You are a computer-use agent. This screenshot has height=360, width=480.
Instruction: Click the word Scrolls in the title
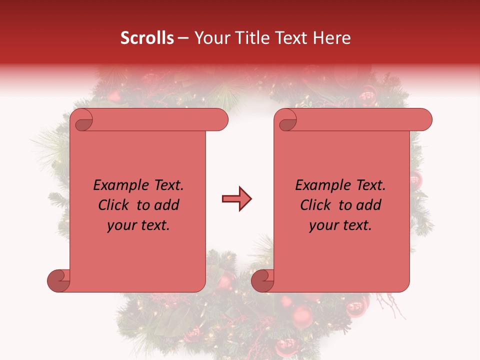tap(147, 38)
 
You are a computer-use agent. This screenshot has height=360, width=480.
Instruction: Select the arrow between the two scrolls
tap(236, 199)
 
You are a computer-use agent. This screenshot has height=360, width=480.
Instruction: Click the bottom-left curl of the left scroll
tap(59, 281)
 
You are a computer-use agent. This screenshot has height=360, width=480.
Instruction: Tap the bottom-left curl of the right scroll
tap(262, 281)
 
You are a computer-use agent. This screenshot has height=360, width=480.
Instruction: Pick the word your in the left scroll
tap(120, 225)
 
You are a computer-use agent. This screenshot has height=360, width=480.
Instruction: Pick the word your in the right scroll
tap(322, 225)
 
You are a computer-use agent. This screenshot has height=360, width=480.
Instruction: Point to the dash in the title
tap(183, 38)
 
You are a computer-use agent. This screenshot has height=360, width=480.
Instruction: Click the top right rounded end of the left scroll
tap(220, 120)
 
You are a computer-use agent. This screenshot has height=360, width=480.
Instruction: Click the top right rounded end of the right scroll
tap(424, 120)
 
